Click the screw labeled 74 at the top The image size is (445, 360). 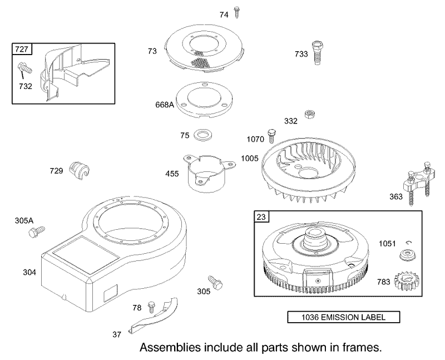[236, 12]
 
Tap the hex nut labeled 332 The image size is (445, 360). [309, 115]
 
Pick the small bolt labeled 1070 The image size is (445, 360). [271, 136]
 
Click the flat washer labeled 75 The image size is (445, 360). [202, 135]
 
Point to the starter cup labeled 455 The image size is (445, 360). [208, 173]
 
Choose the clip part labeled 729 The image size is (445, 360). [80, 170]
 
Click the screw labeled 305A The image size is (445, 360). [37, 231]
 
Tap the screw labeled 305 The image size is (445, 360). [215, 282]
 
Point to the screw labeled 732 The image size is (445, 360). [24, 68]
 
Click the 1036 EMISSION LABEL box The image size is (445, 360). [343, 317]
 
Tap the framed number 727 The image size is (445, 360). [22, 49]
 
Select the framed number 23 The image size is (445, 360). [261, 217]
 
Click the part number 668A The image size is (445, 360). [164, 105]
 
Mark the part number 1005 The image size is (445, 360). [250, 159]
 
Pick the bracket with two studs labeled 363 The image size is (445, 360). [417, 183]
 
